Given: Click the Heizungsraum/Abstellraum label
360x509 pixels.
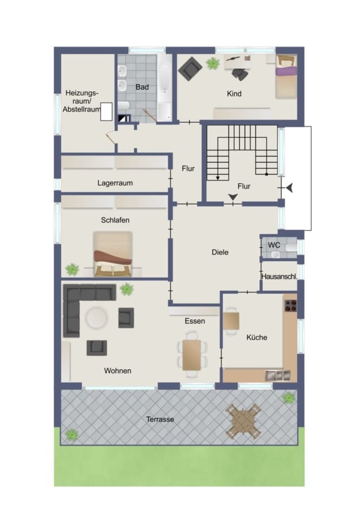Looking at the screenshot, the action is pyautogui.click(x=82, y=101).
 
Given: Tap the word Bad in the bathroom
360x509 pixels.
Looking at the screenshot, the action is pyautogui.click(x=142, y=87).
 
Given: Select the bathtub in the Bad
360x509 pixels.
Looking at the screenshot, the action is pyautogui.click(x=164, y=88).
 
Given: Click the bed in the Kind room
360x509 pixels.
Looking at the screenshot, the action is pyautogui.click(x=286, y=76).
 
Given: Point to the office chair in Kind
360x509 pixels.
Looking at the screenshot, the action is pyautogui.click(x=240, y=74).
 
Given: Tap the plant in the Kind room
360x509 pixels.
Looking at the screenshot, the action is pyautogui.click(x=212, y=63).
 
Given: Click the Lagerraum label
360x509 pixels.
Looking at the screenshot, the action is pyautogui.click(x=115, y=183).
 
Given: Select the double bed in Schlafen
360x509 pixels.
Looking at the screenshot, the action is pyautogui.click(x=113, y=254).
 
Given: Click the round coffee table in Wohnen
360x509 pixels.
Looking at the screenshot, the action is pyautogui.click(x=96, y=318).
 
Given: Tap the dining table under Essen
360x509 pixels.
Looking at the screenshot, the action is pyautogui.click(x=192, y=355).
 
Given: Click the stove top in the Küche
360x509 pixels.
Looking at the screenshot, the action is pyautogui.click(x=291, y=306).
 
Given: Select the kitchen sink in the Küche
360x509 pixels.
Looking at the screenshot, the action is pyautogui.click(x=278, y=376).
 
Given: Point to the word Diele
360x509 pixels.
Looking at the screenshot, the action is pyautogui.click(x=220, y=252).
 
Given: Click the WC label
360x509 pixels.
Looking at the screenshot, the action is pyautogui.click(x=274, y=245).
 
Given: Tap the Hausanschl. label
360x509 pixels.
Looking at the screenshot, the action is pyautogui.click(x=280, y=277).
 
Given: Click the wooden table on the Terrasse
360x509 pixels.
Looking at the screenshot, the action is pyautogui.click(x=244, y=421).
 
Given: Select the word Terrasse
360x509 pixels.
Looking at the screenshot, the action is pyautogui.click(x=160, y=419).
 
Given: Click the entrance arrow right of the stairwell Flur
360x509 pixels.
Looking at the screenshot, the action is pyautogui.click(x=289, y=188).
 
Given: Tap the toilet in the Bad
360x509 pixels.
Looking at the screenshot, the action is pyautogui.click(x=124, y=106).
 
